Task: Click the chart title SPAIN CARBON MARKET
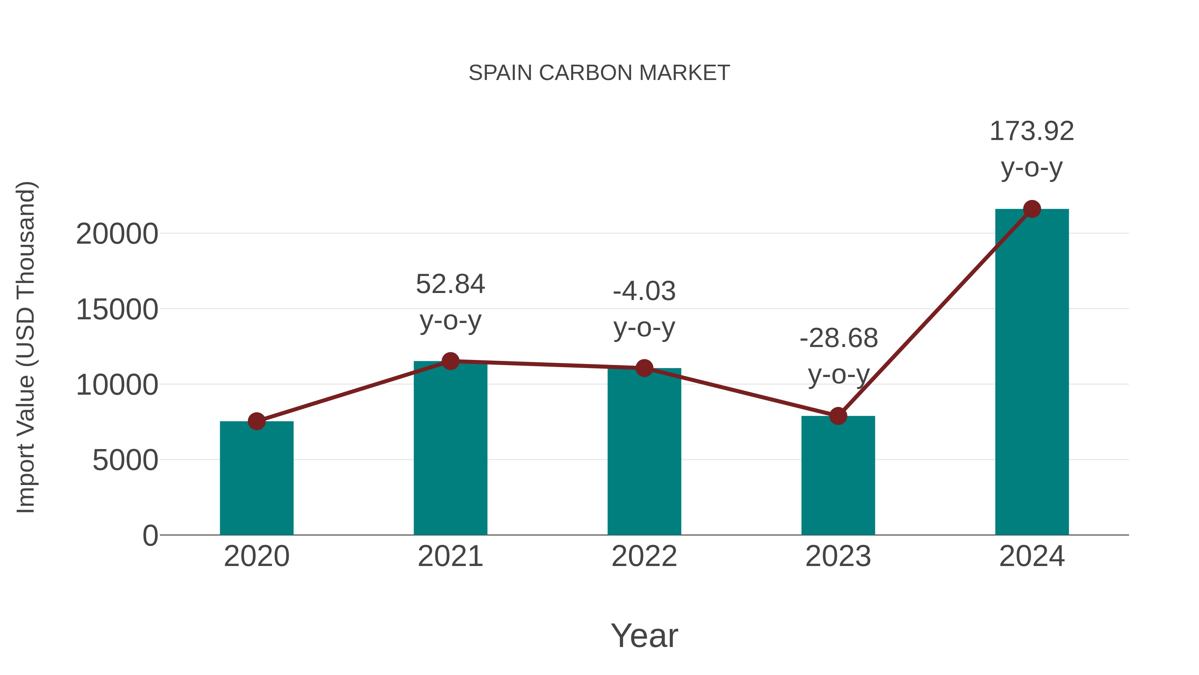pyautogui.click(x=599, y=73)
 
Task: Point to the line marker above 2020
pyautogui.click(x=256, y=421)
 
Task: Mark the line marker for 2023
pyautogui.click(x=838, y=416)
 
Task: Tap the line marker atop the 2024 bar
pyautogui.click(x=1032, y=209)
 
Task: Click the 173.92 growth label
pyautogui.click(x=1031, y=131)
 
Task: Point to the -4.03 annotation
pyautogui.click(x=644, y=292)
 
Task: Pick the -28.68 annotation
pyautogui.click(x=838, y=339)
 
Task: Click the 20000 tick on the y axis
pyautogui.click(x=117, y=234)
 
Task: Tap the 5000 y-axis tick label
pyautogui.click(x=125, y=460)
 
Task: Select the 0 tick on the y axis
pyautogui.click(x=150, y=535)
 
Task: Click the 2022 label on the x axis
pyautogui.click(x=644, y=556)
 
